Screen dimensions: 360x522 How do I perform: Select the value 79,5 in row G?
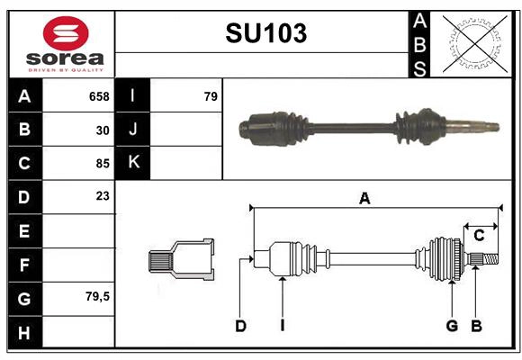(97, 296)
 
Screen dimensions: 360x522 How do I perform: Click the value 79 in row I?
(211, 96)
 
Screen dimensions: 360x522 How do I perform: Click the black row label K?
(133, 163)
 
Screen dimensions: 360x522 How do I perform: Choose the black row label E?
(24, 231)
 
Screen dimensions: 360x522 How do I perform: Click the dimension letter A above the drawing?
(364, 199)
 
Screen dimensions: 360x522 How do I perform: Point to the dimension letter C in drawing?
(479, 236)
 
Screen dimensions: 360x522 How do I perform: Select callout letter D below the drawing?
(240, 326)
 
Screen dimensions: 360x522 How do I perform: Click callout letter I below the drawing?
(282, 326)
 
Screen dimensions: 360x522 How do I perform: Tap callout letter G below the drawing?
(452, 326)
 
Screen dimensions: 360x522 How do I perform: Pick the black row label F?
(24, 265)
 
